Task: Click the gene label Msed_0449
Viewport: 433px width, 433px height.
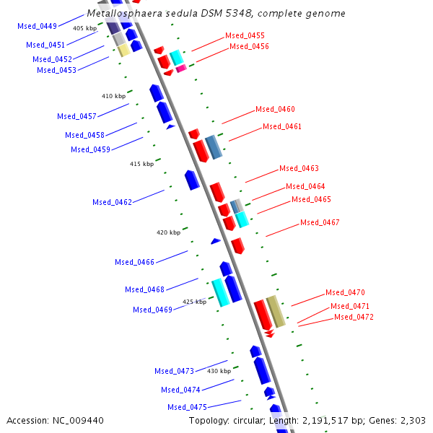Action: point(37,26)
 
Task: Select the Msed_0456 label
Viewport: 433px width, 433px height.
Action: point(249,46)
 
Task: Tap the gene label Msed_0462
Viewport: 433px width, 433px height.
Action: point(112,202)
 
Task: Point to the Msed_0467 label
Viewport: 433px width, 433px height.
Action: point(320,222)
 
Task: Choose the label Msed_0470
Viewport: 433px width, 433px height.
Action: point(345,292)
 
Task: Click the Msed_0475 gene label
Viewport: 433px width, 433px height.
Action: point(187,407)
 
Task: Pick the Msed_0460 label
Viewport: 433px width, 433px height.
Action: point(275,109)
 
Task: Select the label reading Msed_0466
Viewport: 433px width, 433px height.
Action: point(134,262)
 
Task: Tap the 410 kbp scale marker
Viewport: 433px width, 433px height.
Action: point(113,95)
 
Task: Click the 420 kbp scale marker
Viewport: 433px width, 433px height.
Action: point(168,232)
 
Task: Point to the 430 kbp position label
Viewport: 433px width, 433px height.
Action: point(219,371)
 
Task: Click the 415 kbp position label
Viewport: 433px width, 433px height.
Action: point(141,164)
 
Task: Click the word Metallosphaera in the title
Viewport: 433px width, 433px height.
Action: point(123,13)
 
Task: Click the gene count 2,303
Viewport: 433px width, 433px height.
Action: point(412,420)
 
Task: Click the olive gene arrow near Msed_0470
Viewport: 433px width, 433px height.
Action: point(276,311)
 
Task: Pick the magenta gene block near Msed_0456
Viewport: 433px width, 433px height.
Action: point(181,69)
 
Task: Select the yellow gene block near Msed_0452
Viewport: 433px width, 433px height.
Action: point(123,50)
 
